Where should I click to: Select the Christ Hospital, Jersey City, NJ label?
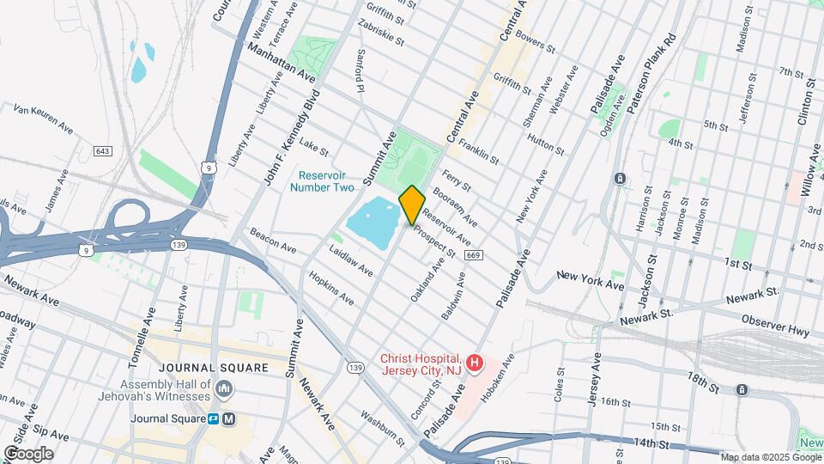421,363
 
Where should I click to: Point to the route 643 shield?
103,151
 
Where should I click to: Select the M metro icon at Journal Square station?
228,419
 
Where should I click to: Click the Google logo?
28,454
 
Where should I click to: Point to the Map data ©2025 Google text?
770,457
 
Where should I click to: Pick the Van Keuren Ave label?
43,118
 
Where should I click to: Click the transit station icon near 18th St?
742,390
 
